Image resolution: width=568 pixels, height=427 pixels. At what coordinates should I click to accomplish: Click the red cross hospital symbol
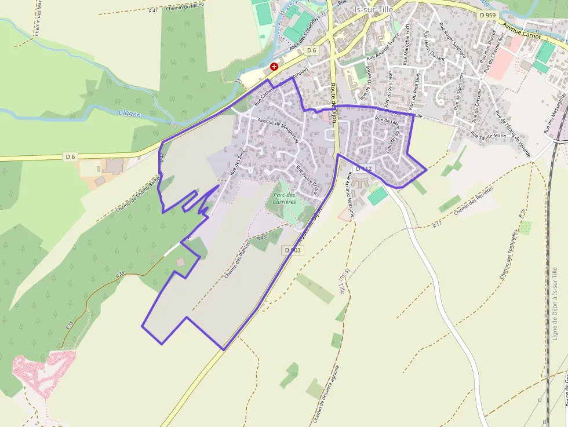(x=274, y=67)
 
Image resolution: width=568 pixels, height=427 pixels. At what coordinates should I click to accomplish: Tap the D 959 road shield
(x=489, y=14)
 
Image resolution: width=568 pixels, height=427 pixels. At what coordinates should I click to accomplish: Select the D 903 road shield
(x=293, y=250)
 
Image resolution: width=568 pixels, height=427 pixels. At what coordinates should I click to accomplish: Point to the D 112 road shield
(x=363, y=169)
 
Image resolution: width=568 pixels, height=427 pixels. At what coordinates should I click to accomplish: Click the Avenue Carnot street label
(x=522, y=31)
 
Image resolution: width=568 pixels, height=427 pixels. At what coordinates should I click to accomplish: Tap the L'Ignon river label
(x=129, y=114)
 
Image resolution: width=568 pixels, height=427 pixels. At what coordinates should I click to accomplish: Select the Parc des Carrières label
(x=285, y=198)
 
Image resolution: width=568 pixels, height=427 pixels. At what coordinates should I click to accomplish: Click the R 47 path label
(x=153, y=10)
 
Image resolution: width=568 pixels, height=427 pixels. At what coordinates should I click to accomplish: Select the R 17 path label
(x=436, y=224)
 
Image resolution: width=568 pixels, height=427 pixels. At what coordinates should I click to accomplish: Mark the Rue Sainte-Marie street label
(x=488, y=136)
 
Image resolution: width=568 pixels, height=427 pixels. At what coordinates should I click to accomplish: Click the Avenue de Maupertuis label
(x=278, y=131)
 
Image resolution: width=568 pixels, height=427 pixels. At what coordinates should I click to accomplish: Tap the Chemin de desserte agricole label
(x=327, y=394)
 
